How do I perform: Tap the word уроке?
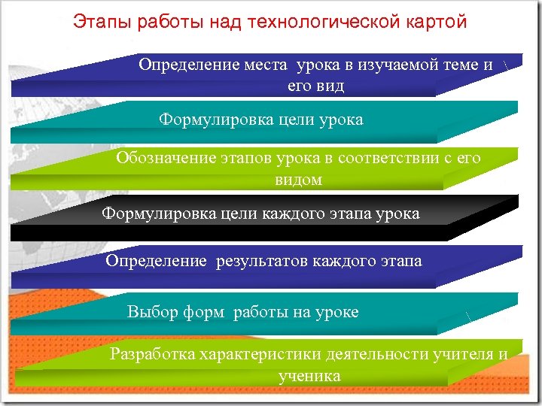[x=336, y=312]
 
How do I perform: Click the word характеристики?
[x=260, y=354]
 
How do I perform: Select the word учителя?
[x=463, y=354]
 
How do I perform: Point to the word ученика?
[x=309, y=375]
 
